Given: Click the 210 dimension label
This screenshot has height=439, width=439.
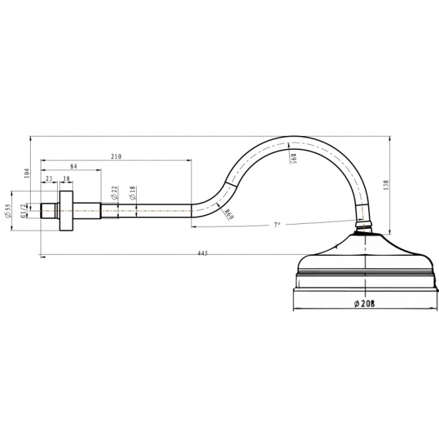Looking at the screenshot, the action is [116, 156].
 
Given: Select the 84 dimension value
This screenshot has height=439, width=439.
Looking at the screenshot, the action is [73, 166].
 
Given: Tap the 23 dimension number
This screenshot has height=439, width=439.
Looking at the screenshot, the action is [49, 179].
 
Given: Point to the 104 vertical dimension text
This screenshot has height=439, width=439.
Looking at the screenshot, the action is [26, 173].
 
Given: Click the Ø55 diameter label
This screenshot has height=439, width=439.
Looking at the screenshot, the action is [8, 211].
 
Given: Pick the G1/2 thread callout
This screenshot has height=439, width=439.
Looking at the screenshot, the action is [24, 211].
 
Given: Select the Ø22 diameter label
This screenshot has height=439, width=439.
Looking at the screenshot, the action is [114, 193].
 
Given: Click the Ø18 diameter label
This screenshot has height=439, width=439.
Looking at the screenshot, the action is [133, 193].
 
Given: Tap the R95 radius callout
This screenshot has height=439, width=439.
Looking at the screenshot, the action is [293, 159].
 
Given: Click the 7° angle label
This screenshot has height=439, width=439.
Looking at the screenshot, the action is [277, 225].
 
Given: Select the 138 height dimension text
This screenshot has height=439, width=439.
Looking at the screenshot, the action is [386, 186].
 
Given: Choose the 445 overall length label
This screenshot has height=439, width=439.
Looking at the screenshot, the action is [203, 253].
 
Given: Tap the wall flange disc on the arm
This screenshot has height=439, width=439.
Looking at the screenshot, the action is [66, 211].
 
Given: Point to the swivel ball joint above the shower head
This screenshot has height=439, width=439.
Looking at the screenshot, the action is [364, 224].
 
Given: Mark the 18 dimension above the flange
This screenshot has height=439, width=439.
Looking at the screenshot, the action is [66, 179].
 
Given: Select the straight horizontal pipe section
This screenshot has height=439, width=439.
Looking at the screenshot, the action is [146, 211].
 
